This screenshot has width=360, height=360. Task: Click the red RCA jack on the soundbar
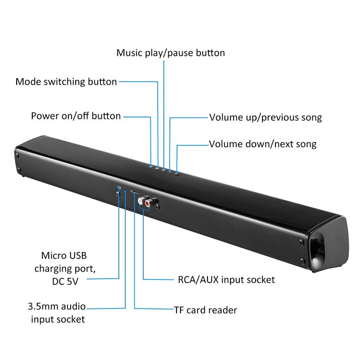pos(149,203)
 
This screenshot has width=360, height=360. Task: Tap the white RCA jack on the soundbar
pos(143,198)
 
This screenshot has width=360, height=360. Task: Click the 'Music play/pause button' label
pos(171,53)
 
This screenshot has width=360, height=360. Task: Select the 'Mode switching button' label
pos(66,82)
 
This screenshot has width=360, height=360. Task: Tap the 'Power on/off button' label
pos(76,116)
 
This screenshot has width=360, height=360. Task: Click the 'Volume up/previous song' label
pos(265,118)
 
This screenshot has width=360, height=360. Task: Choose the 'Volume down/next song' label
pos(263,144)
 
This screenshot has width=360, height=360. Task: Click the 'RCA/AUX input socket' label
pos(226,279)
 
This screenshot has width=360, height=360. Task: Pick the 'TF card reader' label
pos(205,310)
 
